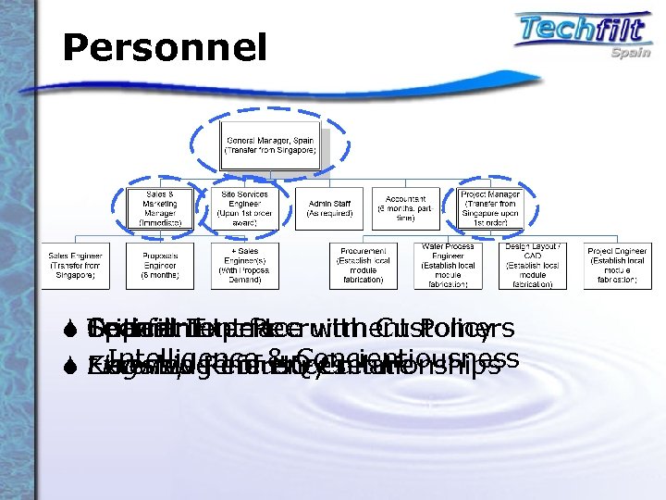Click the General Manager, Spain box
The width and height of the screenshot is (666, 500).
271,145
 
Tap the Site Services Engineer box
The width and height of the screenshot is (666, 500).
244,208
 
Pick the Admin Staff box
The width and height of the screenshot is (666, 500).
327,208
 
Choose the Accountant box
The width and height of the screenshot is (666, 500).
406,208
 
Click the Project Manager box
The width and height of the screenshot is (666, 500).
491,208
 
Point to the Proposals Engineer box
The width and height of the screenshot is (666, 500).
159,266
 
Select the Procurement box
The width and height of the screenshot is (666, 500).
363,266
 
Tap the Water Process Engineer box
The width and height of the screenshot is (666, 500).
448,266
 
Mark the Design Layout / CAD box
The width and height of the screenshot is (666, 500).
532,266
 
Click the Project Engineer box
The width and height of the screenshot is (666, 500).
617,266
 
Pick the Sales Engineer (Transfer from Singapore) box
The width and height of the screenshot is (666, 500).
75,266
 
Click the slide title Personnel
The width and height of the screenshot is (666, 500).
165,48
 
